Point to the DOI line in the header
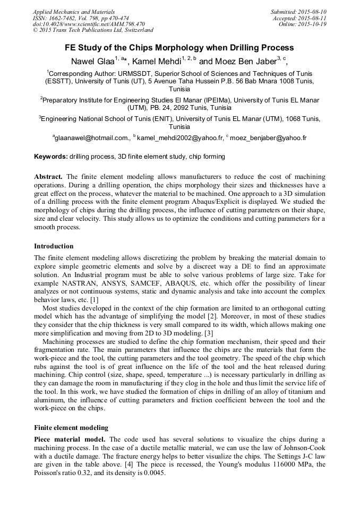89,24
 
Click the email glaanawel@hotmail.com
91,138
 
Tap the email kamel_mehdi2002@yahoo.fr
180,138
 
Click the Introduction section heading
54,246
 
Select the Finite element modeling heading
71,427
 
